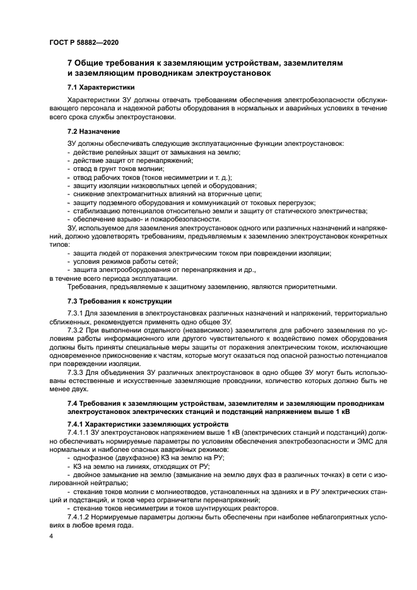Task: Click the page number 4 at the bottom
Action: [52, 536]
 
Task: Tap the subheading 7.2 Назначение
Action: [94, 131]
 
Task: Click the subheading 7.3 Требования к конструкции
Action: [119, 301]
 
